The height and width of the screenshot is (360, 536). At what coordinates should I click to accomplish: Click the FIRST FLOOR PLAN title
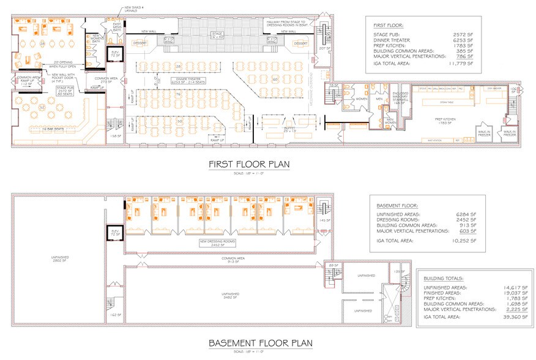(x=250, y=164)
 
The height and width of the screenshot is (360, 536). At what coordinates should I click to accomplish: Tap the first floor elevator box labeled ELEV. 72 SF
(x=115, y=54)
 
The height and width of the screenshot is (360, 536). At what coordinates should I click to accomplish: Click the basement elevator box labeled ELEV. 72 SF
(x=115, y=234)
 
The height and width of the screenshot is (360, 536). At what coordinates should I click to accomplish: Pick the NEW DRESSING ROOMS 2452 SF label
(x=216, y=243)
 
